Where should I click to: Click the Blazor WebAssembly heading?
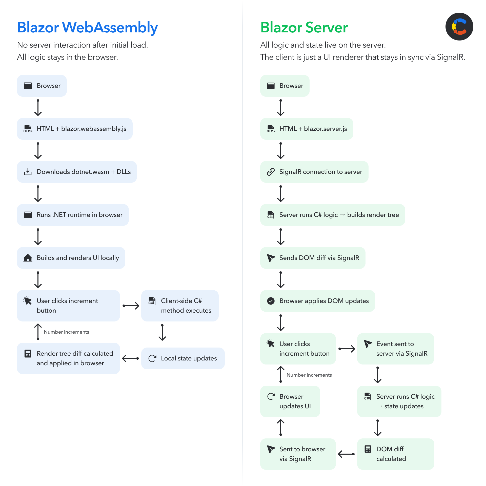tap(87, 27)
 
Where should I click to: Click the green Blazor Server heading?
tap(304, 27)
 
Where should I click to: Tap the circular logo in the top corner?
tap(459, 27)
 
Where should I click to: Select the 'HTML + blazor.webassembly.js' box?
tap(75, 129)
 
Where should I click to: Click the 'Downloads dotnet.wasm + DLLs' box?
tap(77, 172)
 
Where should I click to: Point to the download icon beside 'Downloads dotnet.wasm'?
tap(28, 172)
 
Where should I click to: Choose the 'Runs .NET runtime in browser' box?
tap(73, 215)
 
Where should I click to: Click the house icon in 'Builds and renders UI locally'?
tap(28, 258)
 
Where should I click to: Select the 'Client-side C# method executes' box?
tap(180, 306)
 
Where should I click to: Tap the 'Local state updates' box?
tap(183, 358)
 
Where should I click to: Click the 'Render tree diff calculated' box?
tap(68, 358)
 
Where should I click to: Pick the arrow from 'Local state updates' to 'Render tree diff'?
tap(130, 358)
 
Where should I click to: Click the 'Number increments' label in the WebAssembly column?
tap(66, 332)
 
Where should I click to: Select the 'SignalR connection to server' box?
tap(314, 172)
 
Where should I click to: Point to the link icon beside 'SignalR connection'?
tap(271, 172)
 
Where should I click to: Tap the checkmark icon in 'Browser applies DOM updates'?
tap(271, 301)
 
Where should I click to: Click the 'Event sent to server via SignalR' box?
tap(395, 349)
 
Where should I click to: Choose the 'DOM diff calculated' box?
tap(395, 454)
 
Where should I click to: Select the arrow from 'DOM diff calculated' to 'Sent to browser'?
tap(346, 454)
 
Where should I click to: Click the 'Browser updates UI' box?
tap(290, 401)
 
